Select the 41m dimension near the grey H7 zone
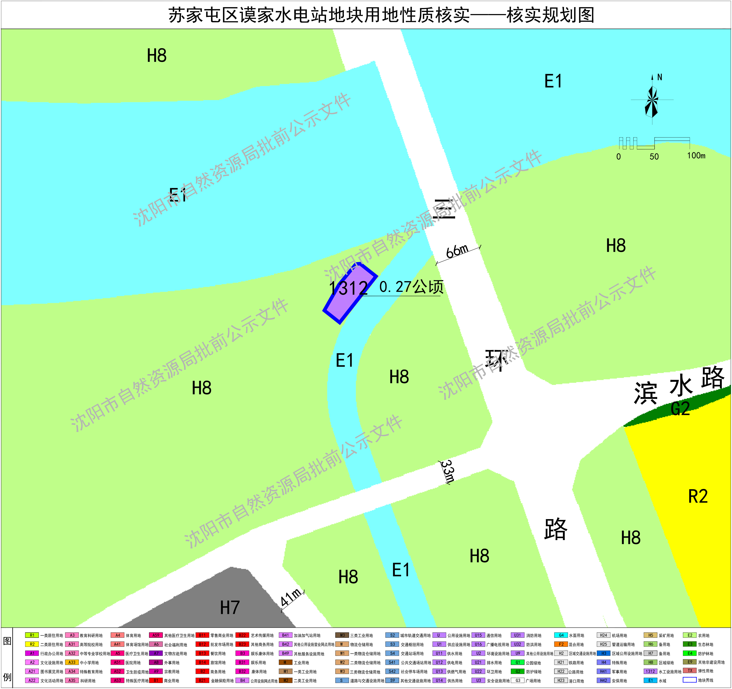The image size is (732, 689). click(291, 597)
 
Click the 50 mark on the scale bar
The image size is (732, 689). click(654, 156)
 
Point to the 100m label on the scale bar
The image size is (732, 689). click(696, 156)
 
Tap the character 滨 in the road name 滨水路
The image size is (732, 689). click(645, 393)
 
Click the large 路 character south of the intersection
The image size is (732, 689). click(556, 529)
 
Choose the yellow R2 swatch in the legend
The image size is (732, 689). click(32, 644)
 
